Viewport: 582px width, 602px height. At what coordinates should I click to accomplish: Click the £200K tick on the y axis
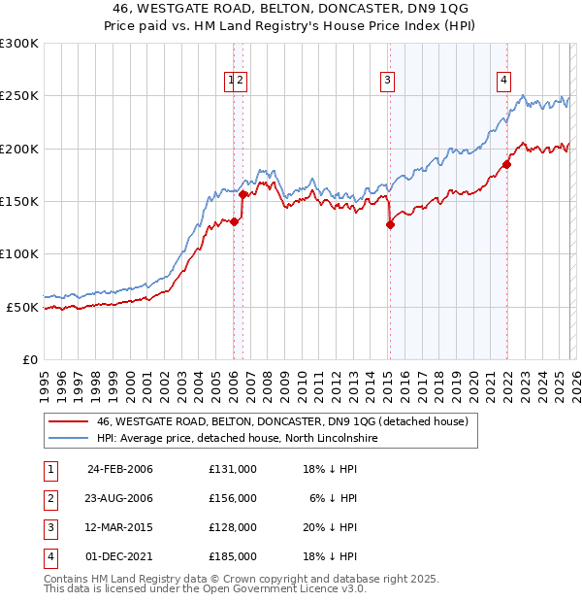(19, 149)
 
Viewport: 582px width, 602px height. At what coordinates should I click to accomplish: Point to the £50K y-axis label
(22, 307)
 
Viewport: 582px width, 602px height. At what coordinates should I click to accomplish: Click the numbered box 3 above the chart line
(387, 81)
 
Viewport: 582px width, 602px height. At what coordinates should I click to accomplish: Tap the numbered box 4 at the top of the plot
(504, 81)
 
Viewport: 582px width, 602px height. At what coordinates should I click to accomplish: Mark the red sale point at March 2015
(390, 225)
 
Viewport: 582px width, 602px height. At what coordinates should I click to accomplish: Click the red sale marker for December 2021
(506, 164)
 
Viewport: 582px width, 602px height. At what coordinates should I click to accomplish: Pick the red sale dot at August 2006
(242, 195)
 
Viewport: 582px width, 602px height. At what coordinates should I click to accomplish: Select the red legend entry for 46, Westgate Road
(281, 421)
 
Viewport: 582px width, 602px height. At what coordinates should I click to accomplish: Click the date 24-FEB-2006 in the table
(120, 469)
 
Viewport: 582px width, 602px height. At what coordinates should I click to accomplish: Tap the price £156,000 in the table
(233, 498)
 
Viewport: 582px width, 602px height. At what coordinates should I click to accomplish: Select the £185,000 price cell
(233, 556)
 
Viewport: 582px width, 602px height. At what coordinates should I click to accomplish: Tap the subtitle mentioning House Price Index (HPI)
(291, 26)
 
